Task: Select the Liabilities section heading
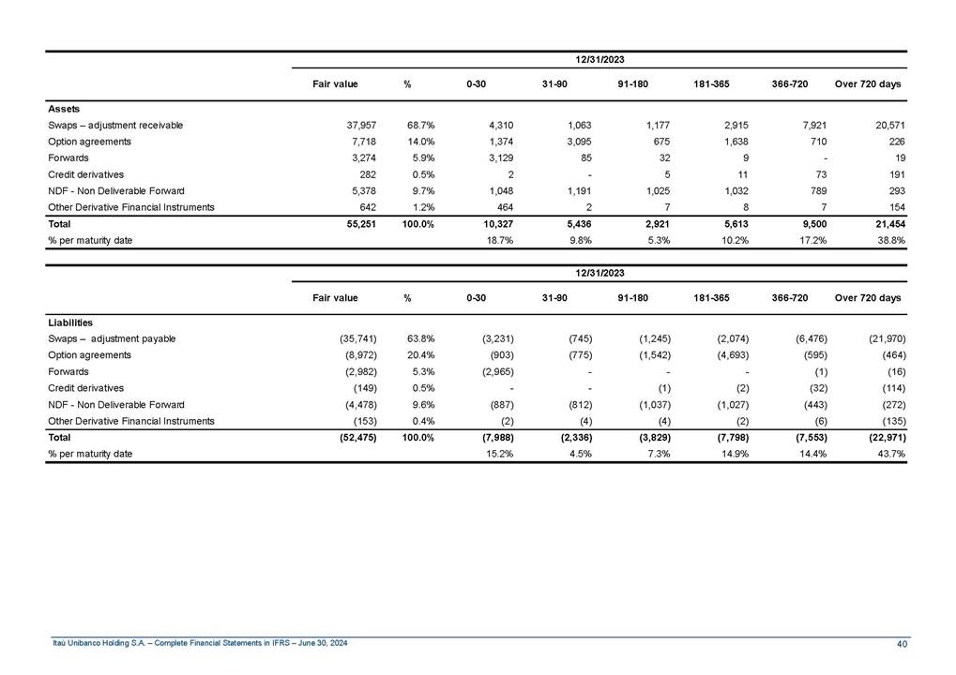point(69,322)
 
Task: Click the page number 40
point(902,643)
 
